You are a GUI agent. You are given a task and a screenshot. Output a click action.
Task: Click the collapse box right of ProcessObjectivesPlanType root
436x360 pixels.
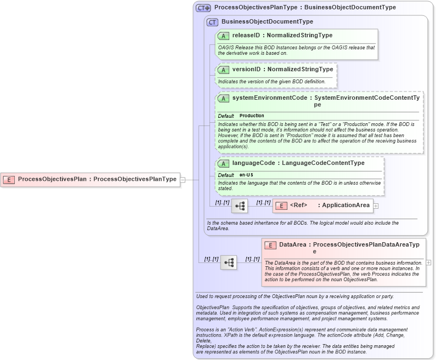coord(183,179)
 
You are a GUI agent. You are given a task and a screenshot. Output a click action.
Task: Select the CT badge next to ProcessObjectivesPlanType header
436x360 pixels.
coord(203,8)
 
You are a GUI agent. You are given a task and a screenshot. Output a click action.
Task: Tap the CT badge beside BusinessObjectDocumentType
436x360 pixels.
coord(212,22)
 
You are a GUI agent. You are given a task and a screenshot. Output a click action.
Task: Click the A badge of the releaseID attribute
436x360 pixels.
coord(223,36)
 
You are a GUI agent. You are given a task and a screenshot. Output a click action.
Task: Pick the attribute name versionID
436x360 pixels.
coord(246,70)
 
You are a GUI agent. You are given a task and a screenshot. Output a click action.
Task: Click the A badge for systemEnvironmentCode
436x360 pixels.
coord(223,98)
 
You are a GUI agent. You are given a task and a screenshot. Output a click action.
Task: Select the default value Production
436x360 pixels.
coord(252,116)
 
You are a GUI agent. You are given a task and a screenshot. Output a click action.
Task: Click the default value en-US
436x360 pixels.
coord(246,175)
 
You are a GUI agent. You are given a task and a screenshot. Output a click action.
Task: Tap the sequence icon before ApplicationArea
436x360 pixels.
coord(240,206)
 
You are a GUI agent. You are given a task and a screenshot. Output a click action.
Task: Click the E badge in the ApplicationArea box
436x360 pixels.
coord(280,205)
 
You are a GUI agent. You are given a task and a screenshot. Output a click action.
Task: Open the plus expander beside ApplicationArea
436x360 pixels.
coord(376,206)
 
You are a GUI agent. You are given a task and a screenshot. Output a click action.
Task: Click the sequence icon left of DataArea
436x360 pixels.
coord(229,263)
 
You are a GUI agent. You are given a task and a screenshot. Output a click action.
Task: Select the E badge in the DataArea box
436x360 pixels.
coord(270,245)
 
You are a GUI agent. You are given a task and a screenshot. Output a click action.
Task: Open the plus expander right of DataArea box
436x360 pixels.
coord(428,262)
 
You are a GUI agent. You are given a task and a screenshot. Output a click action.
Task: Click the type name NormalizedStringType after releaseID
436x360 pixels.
coord(299,36)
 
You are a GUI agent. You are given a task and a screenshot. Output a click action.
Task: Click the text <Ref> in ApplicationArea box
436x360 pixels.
coord(298,205)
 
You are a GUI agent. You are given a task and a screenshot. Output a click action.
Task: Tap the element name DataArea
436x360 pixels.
coord(292,245)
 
